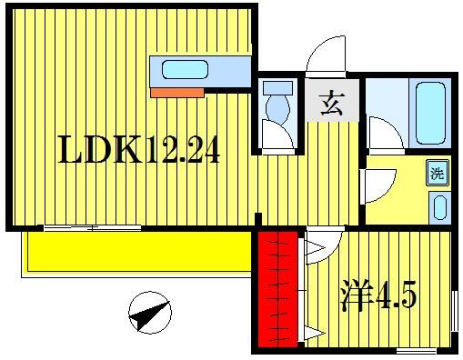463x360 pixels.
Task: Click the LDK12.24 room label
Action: (138, 151)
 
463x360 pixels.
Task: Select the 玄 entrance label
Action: (331, 104)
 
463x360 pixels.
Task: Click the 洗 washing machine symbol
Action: (437, 172)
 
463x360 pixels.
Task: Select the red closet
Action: (277, 290)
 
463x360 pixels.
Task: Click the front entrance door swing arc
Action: (327, 56)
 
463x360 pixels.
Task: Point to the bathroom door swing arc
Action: (387, 134)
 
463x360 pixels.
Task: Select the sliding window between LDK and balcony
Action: (91, 227)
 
